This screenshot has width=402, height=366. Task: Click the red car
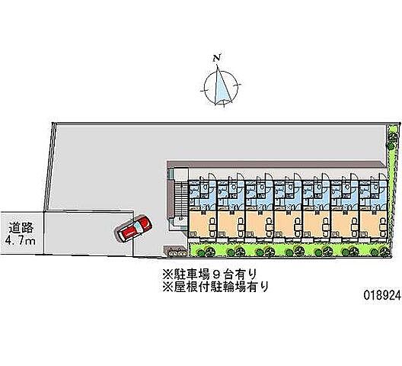point(133,229)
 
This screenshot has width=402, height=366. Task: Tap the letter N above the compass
point(217,59)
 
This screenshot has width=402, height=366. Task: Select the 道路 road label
point(21,226)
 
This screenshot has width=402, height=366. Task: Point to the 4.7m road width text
point(21,241)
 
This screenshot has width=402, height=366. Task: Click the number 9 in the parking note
point(215,274)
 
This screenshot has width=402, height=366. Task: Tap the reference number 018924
point(381,296)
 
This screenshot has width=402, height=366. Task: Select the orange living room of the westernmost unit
point(203,223)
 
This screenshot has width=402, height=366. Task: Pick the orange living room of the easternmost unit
point(373,223)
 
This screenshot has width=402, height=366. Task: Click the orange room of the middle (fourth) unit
point(288,223)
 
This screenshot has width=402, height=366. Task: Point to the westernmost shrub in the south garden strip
point(201,252)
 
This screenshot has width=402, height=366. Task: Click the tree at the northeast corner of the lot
point(391,137)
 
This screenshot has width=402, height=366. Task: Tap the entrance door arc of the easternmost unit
point(381,177)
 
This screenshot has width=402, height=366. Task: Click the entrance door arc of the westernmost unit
point(212,177)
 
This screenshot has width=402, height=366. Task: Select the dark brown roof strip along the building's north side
point(276,165)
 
